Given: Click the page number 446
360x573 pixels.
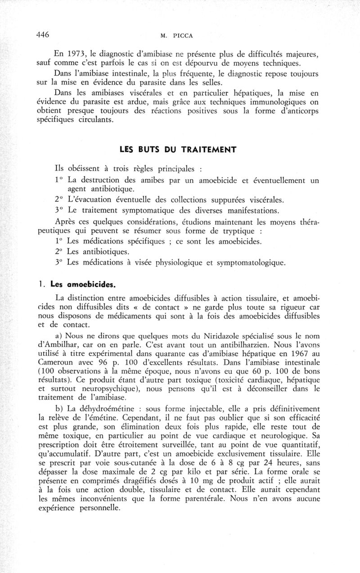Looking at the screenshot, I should click(42, 35).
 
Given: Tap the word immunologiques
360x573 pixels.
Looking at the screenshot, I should click(271, 103).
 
